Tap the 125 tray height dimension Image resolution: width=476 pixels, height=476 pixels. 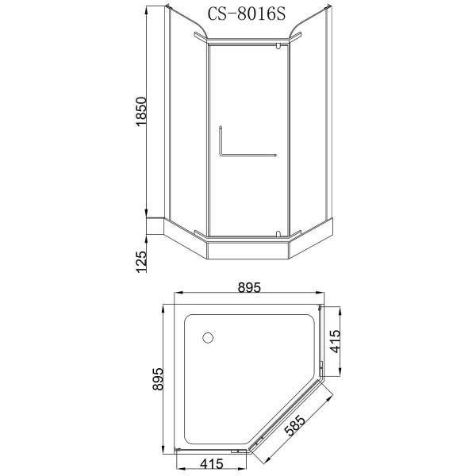coord(142,260)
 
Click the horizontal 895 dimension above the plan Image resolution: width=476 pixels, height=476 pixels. coord(248,288)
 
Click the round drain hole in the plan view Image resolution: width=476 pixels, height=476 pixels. coord(209,337)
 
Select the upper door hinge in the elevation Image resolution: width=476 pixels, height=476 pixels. coord(276,48)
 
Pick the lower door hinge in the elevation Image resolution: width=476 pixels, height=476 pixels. coord(275,232)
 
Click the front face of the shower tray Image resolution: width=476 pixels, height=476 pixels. coord(245,251)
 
